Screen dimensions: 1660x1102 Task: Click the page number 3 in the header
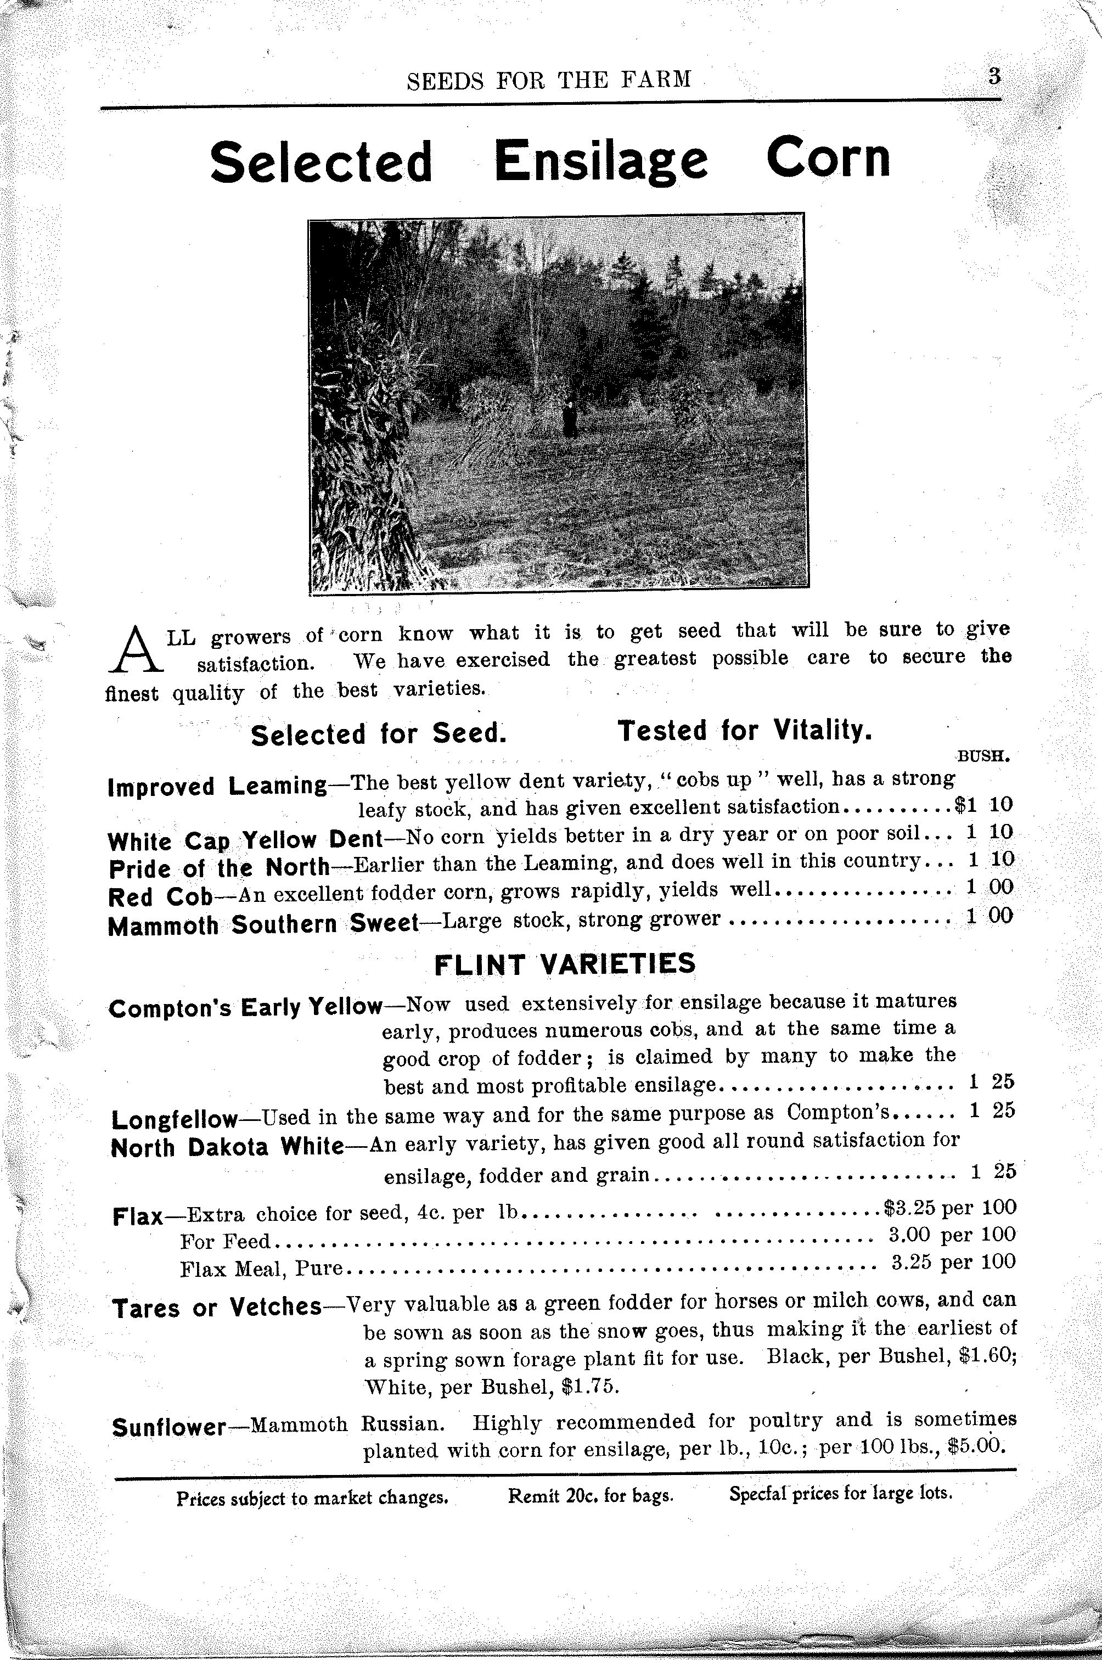coord(994,76)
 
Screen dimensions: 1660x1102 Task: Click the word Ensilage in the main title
coord(601,160)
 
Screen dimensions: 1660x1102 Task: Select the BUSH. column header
coord(983,757)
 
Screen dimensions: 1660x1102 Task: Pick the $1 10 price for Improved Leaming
coord(984,806)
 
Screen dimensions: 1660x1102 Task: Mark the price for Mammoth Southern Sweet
coord(989,916)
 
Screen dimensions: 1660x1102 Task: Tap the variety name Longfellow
coord(175,1119)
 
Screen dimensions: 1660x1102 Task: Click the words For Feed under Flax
coord(225,1242)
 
